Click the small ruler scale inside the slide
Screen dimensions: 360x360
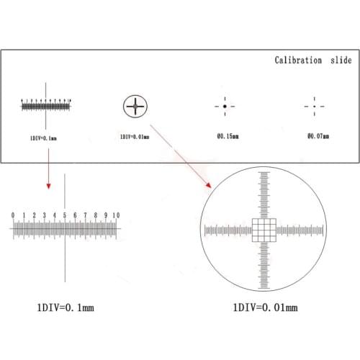click(46, 107)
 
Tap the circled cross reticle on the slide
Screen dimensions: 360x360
click(134, 107)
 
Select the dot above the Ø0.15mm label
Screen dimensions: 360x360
click(225, 107)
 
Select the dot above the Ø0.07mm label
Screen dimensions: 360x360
click(313, 107)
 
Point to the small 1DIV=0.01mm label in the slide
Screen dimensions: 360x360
click(134, 135)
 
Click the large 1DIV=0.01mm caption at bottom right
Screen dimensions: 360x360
click(264, 307)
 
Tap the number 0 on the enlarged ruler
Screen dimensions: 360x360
click(13, 215)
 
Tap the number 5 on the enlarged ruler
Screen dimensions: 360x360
click(65, 215)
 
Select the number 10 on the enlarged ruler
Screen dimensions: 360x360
click(116, 215)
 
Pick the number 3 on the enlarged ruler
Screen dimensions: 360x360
click(44, 215)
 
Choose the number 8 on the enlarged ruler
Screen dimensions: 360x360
click(96, 215)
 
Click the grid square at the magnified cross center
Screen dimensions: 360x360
click(264, 230)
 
